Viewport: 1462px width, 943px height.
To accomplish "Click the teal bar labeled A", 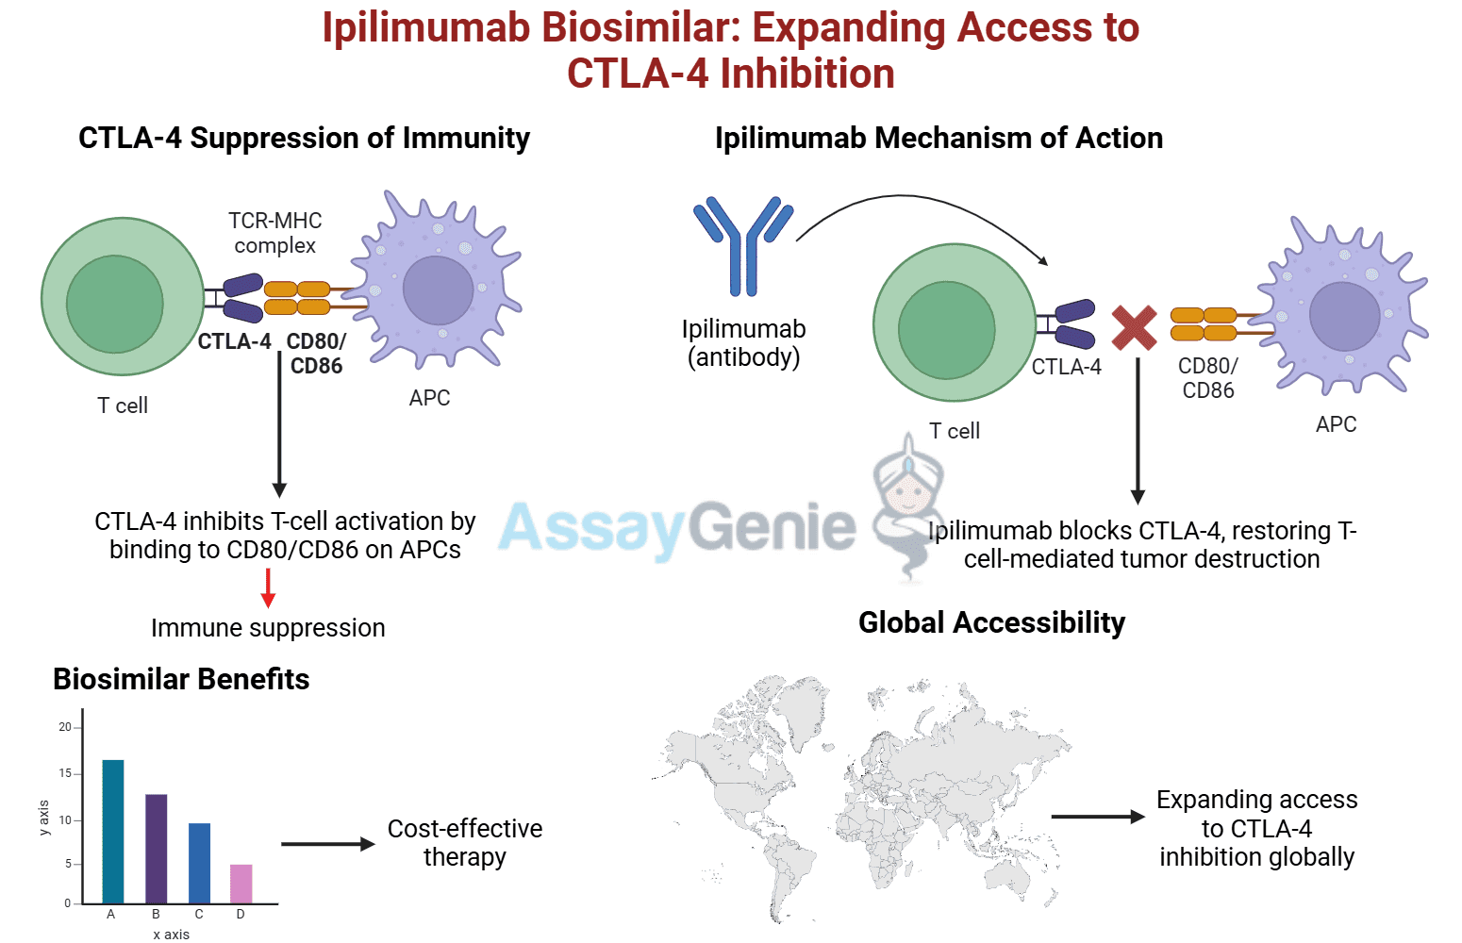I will [x=112, y=831].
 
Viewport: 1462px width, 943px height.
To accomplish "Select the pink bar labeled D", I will [x=241, y=884].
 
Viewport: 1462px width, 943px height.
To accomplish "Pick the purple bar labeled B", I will [x=156, y=849].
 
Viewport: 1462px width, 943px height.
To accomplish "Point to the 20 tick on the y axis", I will [x=65, y=727].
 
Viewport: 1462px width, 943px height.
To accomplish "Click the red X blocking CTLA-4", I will [x=1134, y=328].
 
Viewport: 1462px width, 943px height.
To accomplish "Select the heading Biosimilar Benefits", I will [x=181, y=679].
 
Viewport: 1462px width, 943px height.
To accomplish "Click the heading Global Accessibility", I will [x=991, y=622].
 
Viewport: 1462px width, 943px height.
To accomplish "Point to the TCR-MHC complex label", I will [x=275, y=233].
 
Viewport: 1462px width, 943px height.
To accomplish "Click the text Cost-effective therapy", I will [x=464, y=842].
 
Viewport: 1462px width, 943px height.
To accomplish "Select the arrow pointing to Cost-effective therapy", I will [x=327, y=844].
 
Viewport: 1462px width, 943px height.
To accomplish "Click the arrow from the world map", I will [x=1097, y=817].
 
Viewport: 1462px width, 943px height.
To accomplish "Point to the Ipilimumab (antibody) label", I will [x=743, y=343].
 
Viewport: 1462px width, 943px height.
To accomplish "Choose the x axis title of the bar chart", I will [x=171, y=935].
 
